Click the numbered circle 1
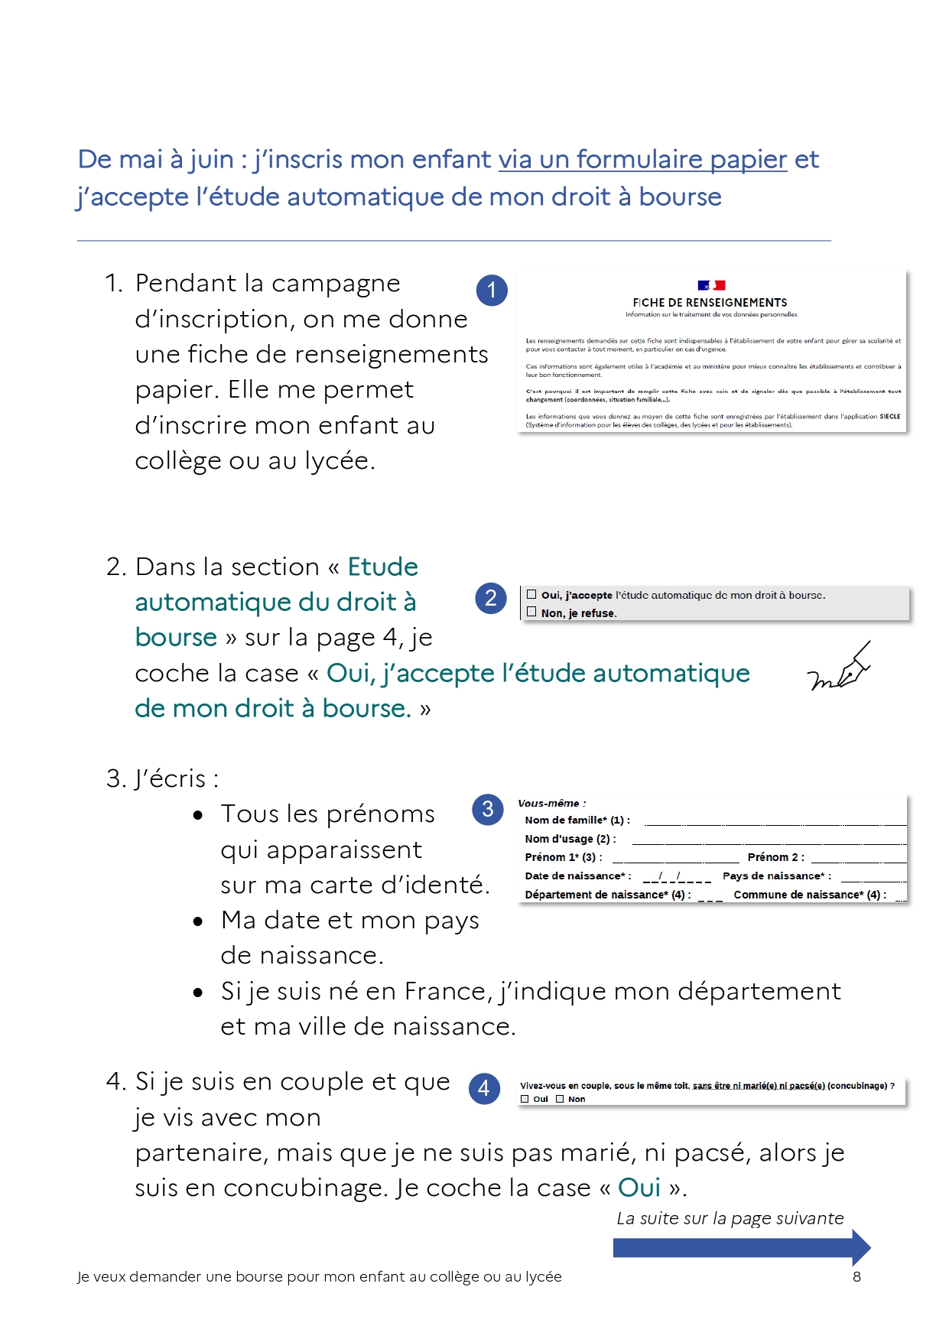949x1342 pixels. tap(492, 290)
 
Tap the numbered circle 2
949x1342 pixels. tap(491, 598)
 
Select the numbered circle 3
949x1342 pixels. tap(487, 810)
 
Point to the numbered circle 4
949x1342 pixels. tap(483, 1088)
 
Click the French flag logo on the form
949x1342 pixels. tap(711, 285)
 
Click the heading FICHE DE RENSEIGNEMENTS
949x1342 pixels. tap(710, 303)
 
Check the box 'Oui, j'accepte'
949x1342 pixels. tap(531, 594)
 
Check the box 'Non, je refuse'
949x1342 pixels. tap(531, 612)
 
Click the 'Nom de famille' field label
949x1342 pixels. tap(577, 820)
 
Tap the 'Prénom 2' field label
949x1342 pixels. tap(775, 857)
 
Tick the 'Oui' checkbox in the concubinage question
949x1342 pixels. tap(525, 1099)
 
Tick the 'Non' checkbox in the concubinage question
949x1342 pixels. tap(560, 1099)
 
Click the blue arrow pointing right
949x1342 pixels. tap(741, 1248)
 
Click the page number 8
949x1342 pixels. tap(856, 1276)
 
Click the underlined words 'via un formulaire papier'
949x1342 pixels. tap(642, 159)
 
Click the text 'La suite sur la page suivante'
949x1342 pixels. tap(730, 1218)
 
